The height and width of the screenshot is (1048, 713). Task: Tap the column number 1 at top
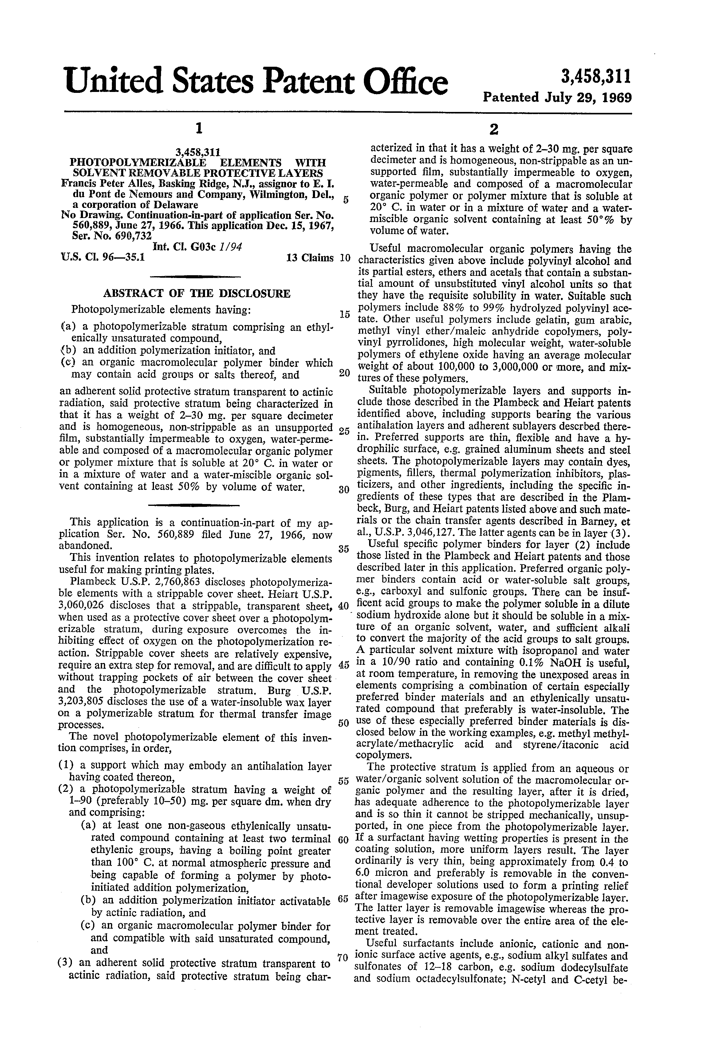197,129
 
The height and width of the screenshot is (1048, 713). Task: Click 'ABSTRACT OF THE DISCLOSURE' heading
197,294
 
